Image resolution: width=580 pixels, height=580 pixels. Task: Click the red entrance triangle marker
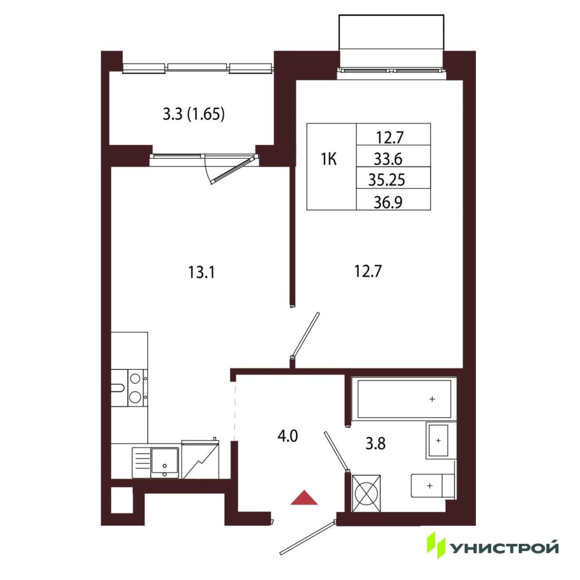pos(304,498)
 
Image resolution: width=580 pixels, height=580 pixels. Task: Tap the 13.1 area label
pos(201,272)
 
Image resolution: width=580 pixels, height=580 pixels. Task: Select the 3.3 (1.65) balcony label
pos(194,115)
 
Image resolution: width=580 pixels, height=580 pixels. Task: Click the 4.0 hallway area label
pos(288,436)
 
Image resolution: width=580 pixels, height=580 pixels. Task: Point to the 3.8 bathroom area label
pos(375,443)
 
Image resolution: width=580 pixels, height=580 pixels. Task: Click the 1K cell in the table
pos(329,159)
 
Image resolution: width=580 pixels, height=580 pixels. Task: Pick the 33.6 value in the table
pos(388,159)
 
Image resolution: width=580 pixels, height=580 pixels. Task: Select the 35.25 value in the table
pos(387,180)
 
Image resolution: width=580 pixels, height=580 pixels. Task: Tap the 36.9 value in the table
pos(388,202)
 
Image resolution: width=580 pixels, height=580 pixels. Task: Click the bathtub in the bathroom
pos(404,399)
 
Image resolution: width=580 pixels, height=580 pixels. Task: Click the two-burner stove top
pos(138,388)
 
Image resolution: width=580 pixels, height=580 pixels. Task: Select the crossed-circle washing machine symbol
pos(366,493)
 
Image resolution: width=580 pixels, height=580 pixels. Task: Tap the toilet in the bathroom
pos(433,485)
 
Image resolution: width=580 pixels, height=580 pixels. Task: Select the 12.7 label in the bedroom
pos(368,272)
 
